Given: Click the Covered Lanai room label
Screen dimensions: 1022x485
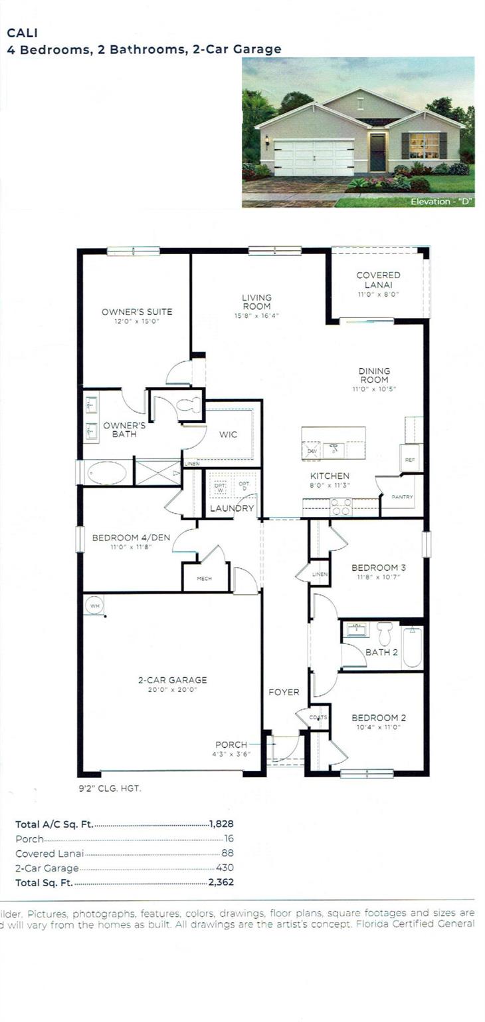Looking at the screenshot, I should click(378, 279).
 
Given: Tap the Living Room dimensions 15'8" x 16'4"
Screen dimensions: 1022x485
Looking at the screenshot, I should click(256, 316).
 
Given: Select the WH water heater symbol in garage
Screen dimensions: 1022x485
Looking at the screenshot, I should click(94, 605).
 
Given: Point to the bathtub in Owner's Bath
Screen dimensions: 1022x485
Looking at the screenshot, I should click(106, 472).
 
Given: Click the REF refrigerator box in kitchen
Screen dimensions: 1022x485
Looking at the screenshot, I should click(410, 458).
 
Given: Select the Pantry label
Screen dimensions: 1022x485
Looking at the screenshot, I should click(403, 496).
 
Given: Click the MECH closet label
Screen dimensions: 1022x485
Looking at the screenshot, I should click(205, 579).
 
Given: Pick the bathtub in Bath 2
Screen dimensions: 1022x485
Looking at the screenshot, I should click(412, 647).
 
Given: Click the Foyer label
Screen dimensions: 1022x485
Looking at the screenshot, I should click(284, 692).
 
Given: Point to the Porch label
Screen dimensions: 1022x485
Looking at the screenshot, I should click(231, 744).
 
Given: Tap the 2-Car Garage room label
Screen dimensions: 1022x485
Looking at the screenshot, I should click(172, 680).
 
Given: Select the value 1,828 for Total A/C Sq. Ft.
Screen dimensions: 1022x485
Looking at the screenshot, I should click(221, 824).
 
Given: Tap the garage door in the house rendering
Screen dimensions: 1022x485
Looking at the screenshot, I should click(314, 157).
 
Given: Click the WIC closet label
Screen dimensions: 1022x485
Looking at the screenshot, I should click(229, 434).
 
